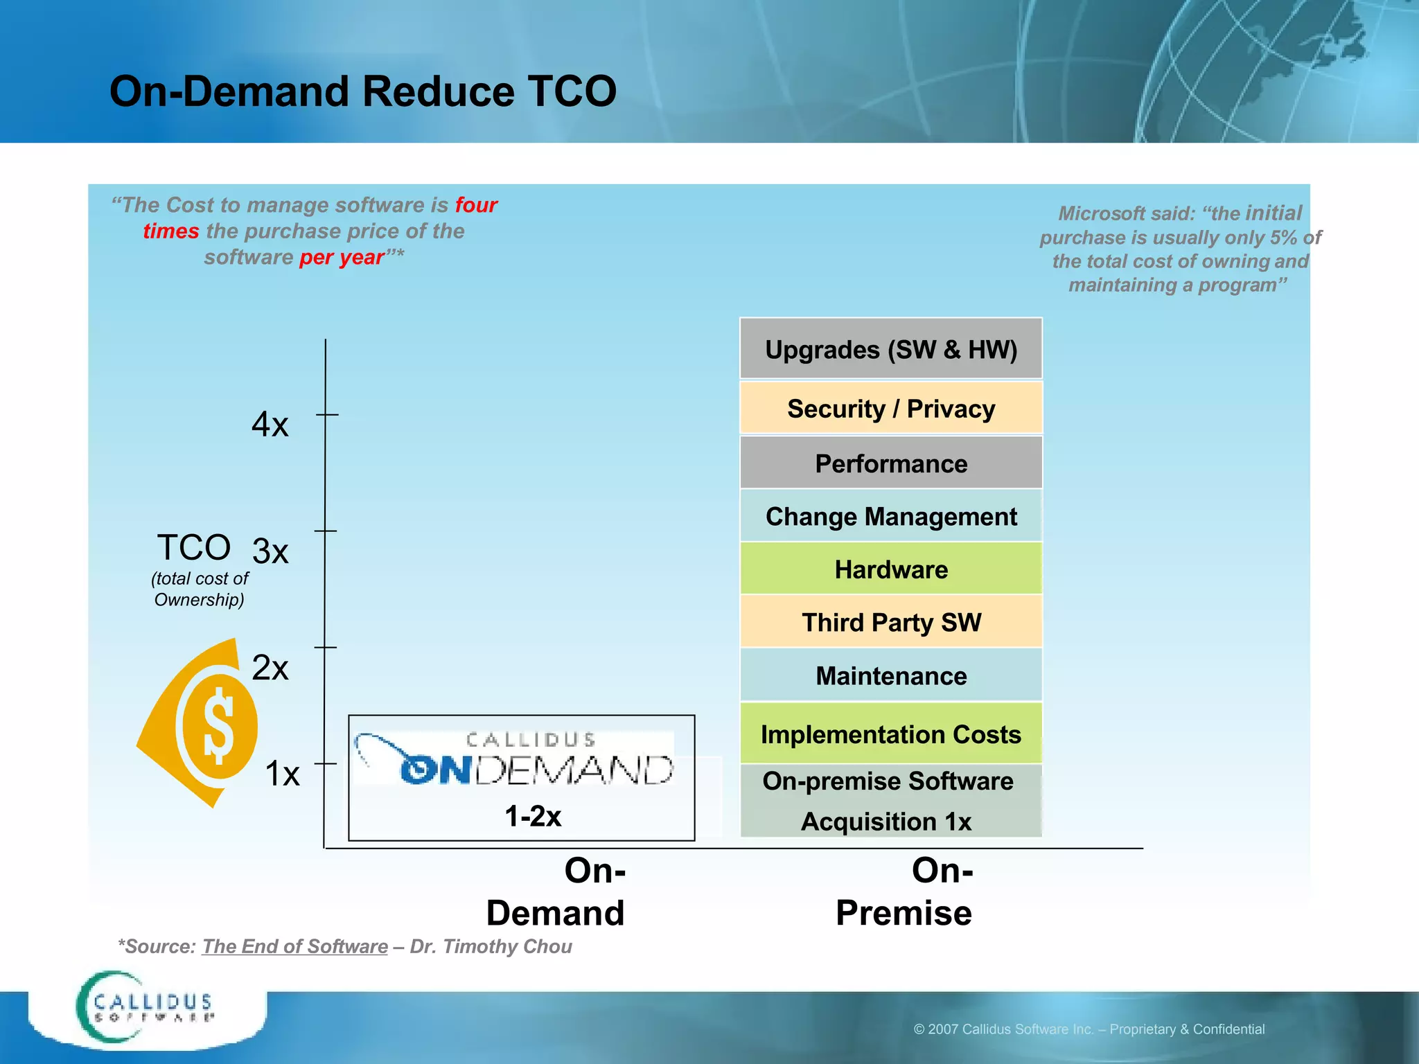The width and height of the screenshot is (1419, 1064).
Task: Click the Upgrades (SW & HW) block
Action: point(890,349)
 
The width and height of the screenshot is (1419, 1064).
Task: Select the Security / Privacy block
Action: point(890,408)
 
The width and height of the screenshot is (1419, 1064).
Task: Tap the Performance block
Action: point(890,463)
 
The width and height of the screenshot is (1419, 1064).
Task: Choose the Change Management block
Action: point(890,516)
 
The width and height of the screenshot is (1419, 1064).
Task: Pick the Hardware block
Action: point(890,569)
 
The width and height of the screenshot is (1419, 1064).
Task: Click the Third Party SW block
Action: point(890,621)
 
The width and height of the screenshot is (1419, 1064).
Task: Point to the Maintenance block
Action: point(890,675)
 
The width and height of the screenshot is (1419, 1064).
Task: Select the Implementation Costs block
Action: point(890,734)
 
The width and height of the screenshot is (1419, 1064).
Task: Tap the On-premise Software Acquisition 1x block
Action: point(890,801)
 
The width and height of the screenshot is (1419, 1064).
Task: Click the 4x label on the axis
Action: point(270,424)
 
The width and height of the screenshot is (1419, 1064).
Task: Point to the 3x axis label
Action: point(270,551)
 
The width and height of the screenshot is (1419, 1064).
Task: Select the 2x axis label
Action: point(270,668)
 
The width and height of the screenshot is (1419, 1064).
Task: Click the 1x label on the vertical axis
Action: point(282,773)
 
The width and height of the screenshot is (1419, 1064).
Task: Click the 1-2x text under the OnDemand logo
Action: point(533,816)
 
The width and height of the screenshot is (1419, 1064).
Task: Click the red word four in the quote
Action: point(476,205)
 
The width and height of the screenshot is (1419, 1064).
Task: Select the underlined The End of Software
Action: point(294,946)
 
